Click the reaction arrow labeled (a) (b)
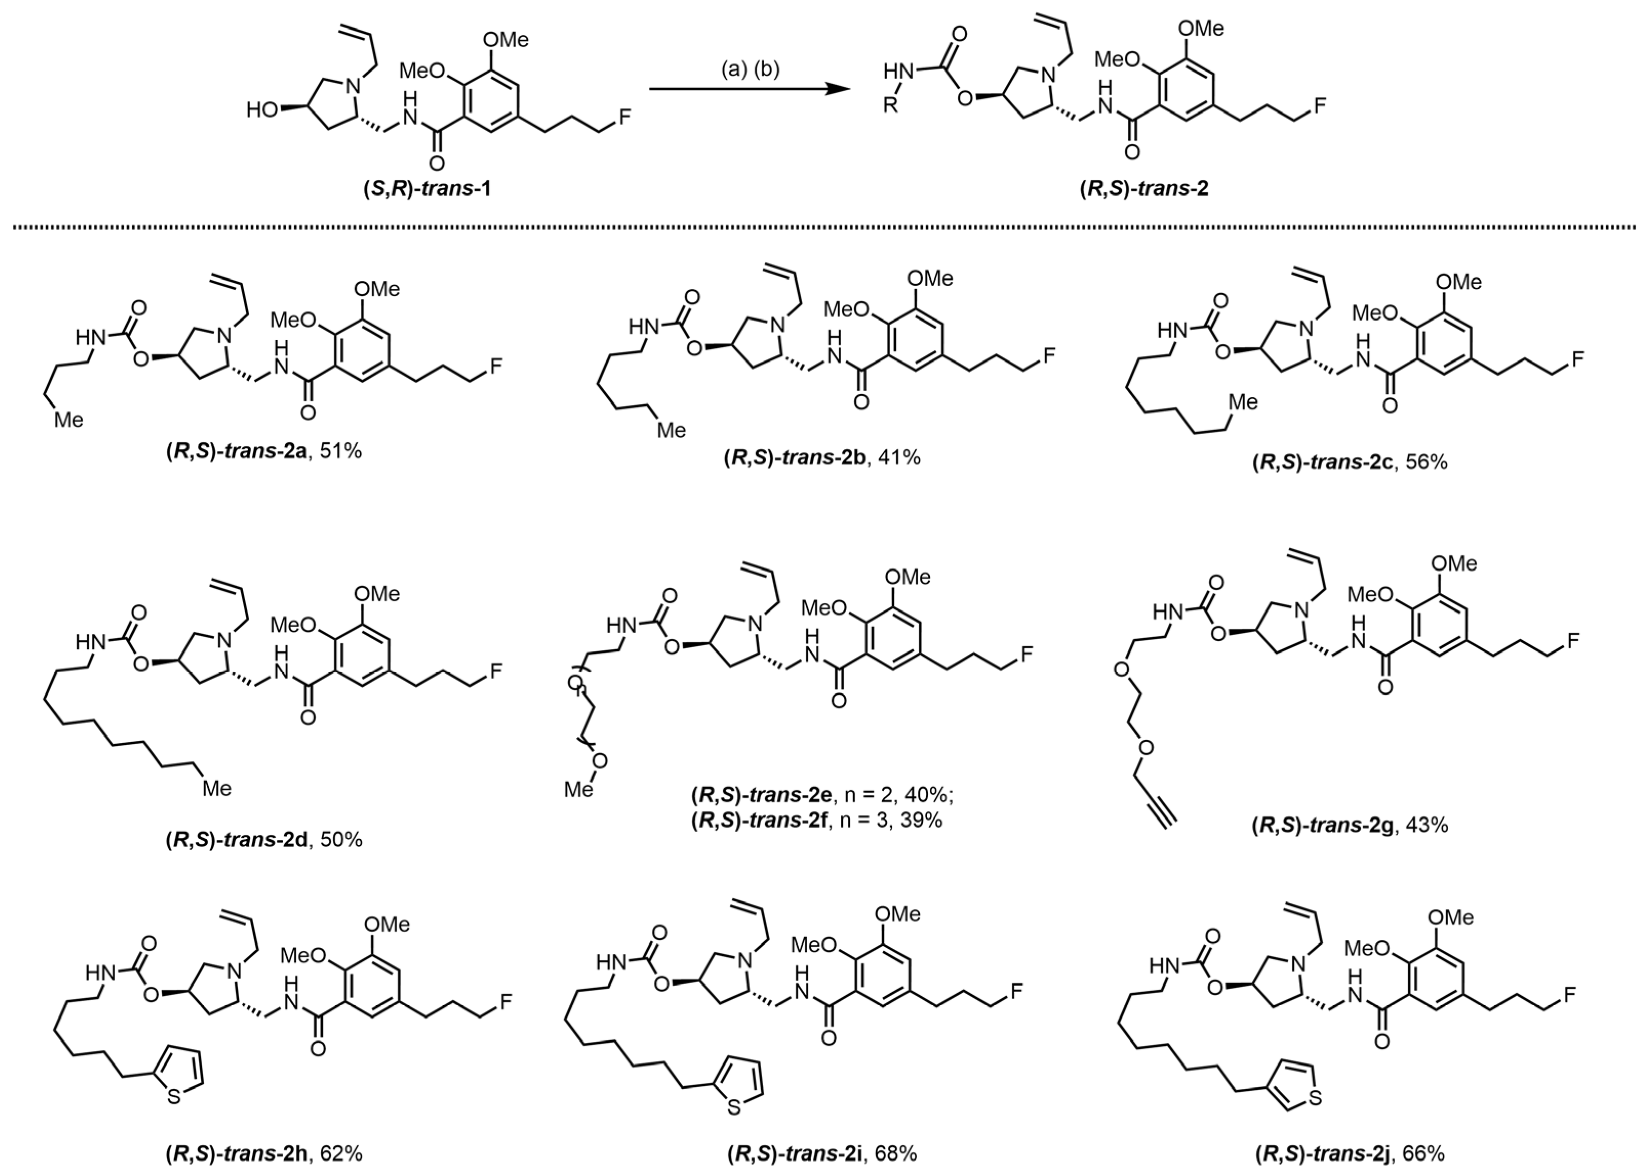click(750, 90)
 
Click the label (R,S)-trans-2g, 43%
click(1350, 825)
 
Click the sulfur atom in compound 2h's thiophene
click(174, 1098)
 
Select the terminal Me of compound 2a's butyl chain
click(68, 419)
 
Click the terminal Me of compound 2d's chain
click(216, 788)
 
